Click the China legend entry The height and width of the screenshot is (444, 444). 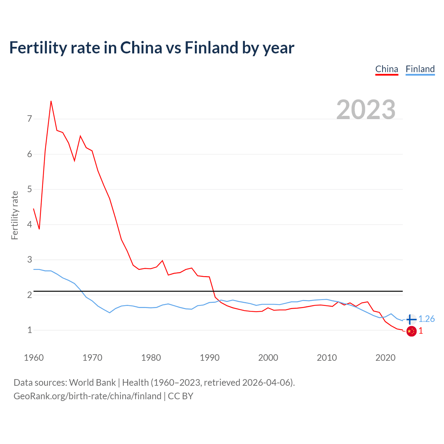[386, 69]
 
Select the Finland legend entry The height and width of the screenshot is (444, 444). [420, 69]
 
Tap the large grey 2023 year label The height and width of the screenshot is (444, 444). [366, 110]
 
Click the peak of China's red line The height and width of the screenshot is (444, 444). [51, 101]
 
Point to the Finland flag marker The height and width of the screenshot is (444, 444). [411, 319]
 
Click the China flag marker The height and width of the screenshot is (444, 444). [411, 331]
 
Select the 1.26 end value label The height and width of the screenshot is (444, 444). [426, 319]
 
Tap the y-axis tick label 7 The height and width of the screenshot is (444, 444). [29, 119]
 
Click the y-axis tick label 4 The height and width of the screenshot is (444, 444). [29, 224]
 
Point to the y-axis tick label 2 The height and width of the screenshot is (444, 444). [29, 295]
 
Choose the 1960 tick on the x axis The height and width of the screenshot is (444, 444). [34, 358]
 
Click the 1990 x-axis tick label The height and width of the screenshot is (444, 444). [210, 358]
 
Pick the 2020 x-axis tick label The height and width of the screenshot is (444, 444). [385, 358]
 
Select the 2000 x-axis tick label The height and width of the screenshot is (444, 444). [268, 358]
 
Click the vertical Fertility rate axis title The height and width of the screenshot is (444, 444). [15, 215]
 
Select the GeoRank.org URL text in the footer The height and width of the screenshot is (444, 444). [87, 396]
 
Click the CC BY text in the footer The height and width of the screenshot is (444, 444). [181, 396]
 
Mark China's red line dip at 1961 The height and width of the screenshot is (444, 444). [39, 229]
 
